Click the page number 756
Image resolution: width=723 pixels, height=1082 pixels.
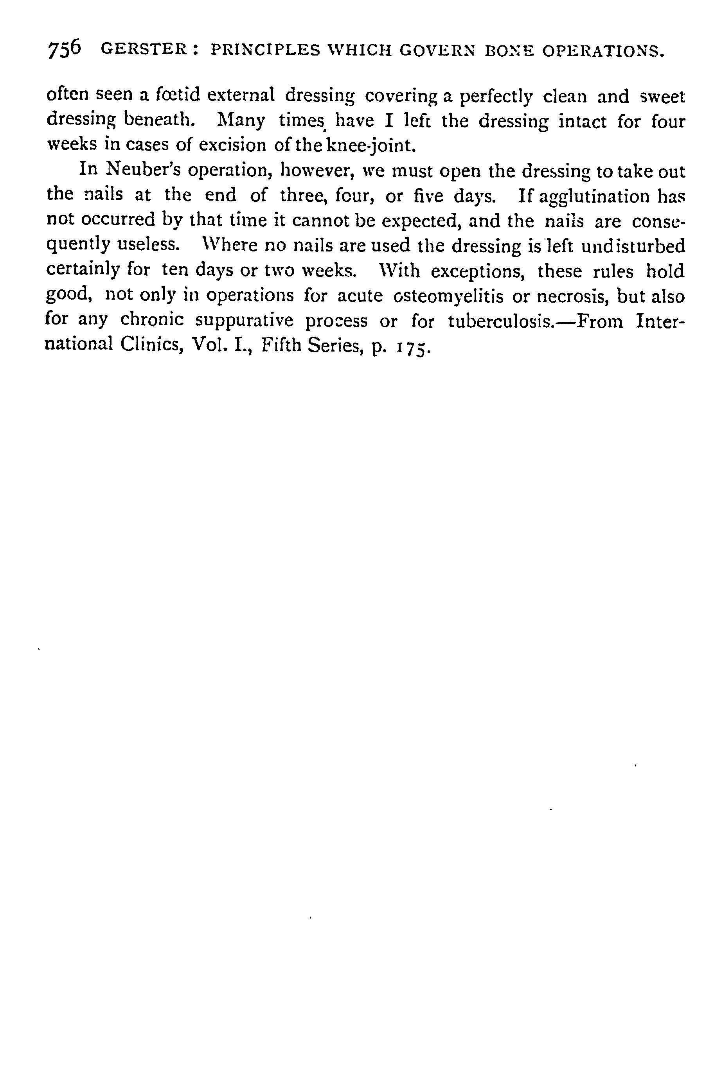[64, 48]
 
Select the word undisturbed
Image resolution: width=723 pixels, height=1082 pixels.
[633, 246]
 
